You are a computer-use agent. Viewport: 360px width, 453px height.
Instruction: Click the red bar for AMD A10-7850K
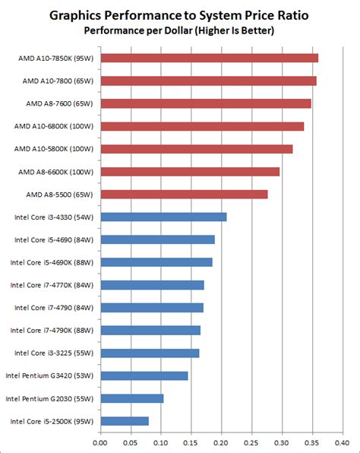point(209,58)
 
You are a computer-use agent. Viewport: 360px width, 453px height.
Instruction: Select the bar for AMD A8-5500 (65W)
point(184,194)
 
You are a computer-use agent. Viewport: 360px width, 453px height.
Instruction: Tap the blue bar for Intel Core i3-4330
point(163,217)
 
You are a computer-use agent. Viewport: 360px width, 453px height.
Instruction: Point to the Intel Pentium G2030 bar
point(131,398)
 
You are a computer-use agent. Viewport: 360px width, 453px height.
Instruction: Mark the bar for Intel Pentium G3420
point(144,375)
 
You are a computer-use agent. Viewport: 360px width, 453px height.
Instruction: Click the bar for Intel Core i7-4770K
point(152,285)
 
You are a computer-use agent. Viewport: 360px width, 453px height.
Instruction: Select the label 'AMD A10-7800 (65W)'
point(57,81)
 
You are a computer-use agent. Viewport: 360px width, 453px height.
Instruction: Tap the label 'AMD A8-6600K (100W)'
point(55,172)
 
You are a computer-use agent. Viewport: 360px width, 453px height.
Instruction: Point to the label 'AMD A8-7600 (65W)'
point(59,103)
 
